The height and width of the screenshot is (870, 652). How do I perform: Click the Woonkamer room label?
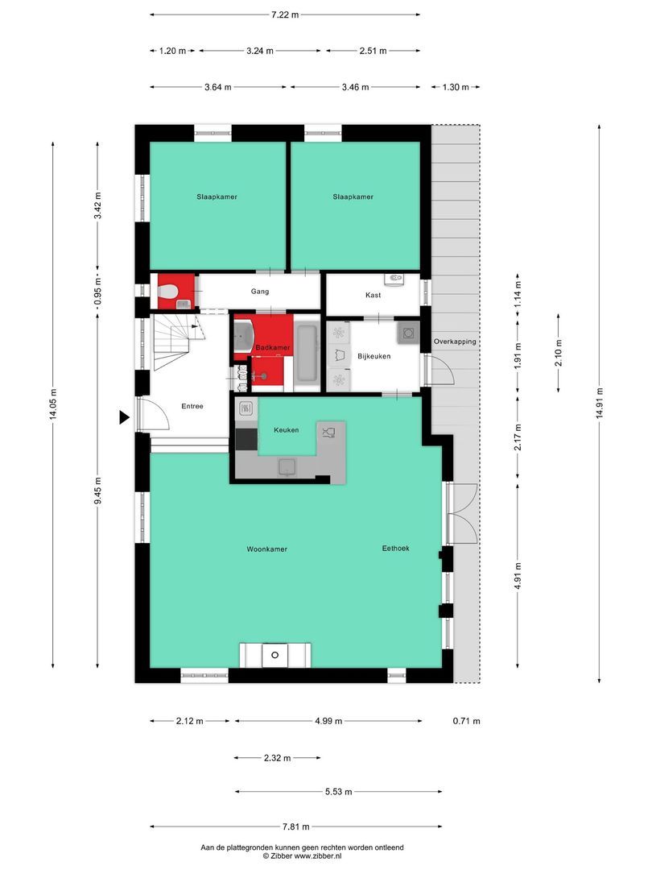266,549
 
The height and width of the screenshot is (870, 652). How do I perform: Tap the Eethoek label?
395,548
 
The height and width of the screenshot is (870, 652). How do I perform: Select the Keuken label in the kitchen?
286,430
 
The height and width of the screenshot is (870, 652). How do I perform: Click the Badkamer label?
272,347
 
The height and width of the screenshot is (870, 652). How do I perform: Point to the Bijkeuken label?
373,355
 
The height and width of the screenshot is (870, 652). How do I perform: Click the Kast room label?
373,295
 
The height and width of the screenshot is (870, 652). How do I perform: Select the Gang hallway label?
259,291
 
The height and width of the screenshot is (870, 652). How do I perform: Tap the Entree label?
192,406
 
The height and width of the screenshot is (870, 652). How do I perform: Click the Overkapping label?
455,341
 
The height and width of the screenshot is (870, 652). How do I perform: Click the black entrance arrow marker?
124,416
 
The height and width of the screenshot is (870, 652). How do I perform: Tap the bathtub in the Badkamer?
307,353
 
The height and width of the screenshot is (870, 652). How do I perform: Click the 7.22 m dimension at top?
285,14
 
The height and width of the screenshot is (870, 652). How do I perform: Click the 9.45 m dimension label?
97,490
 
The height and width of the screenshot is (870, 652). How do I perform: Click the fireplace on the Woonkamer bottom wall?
274,655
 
